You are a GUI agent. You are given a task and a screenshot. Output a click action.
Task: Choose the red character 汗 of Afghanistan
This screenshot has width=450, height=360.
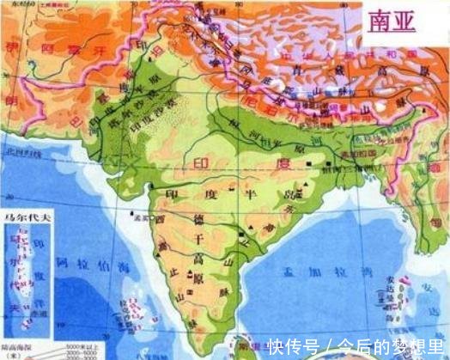point(108,56)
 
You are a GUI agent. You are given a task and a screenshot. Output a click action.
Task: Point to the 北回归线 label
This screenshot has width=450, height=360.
point(15,154)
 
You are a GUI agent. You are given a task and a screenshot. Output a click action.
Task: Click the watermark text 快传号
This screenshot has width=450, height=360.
point(288,346)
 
